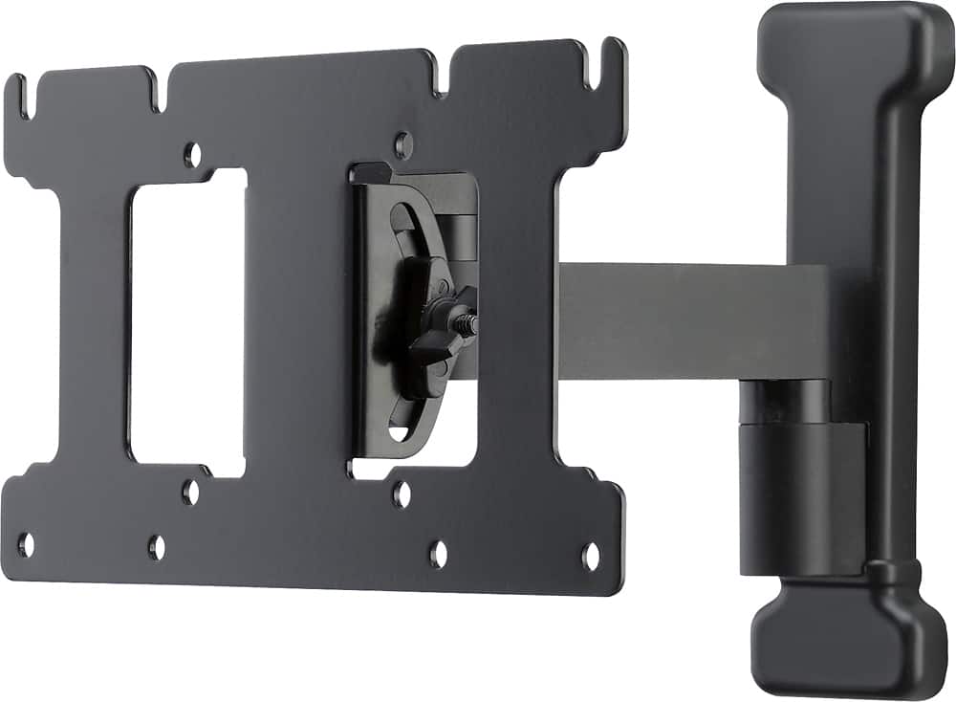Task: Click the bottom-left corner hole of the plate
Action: pos(26,544)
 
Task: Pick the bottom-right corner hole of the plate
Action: pos(591,556)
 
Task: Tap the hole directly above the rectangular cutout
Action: pos(192,153)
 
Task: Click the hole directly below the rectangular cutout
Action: pos(190,492)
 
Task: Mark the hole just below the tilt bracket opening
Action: pos(402,494)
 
